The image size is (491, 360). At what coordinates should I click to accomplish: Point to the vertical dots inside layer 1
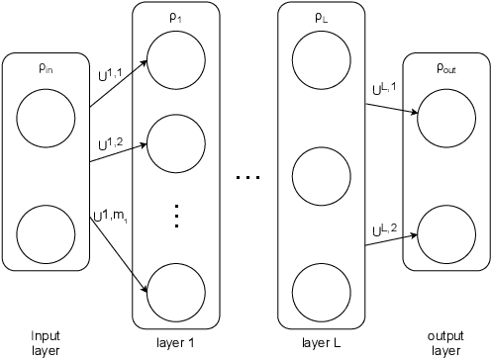[x=174, y=215]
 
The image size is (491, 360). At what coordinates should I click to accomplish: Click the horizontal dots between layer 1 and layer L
[x=246, y=177]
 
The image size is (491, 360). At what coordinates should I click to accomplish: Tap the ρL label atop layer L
[x=319, y=17]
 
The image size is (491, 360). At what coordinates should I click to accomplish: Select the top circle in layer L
[x=319, y=61]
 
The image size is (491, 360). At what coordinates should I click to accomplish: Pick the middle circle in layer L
[x=319, y=176]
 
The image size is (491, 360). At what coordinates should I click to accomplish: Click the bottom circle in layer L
[x=319, y=291]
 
